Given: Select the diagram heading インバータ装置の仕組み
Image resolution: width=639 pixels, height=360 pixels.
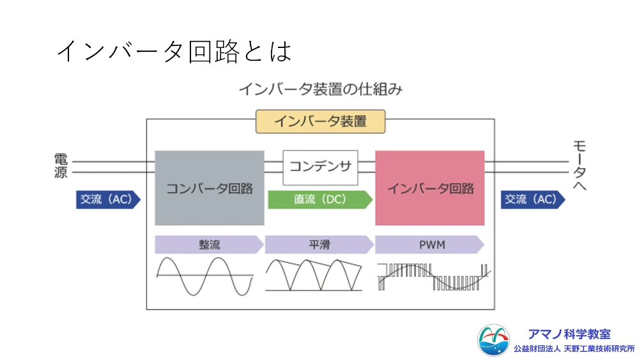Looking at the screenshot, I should click(x=320, y=89).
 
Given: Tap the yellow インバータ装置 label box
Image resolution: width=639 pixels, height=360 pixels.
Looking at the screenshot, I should click(x=320, y=121).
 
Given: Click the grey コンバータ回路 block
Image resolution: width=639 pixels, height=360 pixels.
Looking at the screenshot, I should click(x=210, y=188).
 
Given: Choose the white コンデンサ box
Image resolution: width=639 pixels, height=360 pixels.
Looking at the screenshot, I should click(x=320, y=167).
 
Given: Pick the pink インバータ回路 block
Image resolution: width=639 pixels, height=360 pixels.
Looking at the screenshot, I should click(x=430, y=188).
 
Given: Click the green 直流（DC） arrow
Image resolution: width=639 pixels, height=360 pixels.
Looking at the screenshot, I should click(x=319, y=200).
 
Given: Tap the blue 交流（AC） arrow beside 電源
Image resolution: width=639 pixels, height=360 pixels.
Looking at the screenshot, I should click(x=107, y=200).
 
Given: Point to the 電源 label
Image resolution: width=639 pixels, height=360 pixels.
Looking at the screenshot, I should click(x=61, y=166).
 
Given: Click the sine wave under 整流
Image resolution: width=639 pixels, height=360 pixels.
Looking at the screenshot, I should click(x=204, y=276).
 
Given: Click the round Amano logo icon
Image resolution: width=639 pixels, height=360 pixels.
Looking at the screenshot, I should click(x=494, y=341).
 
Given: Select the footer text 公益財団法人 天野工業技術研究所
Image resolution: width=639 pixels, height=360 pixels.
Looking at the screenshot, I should click(x=574, y=349).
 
